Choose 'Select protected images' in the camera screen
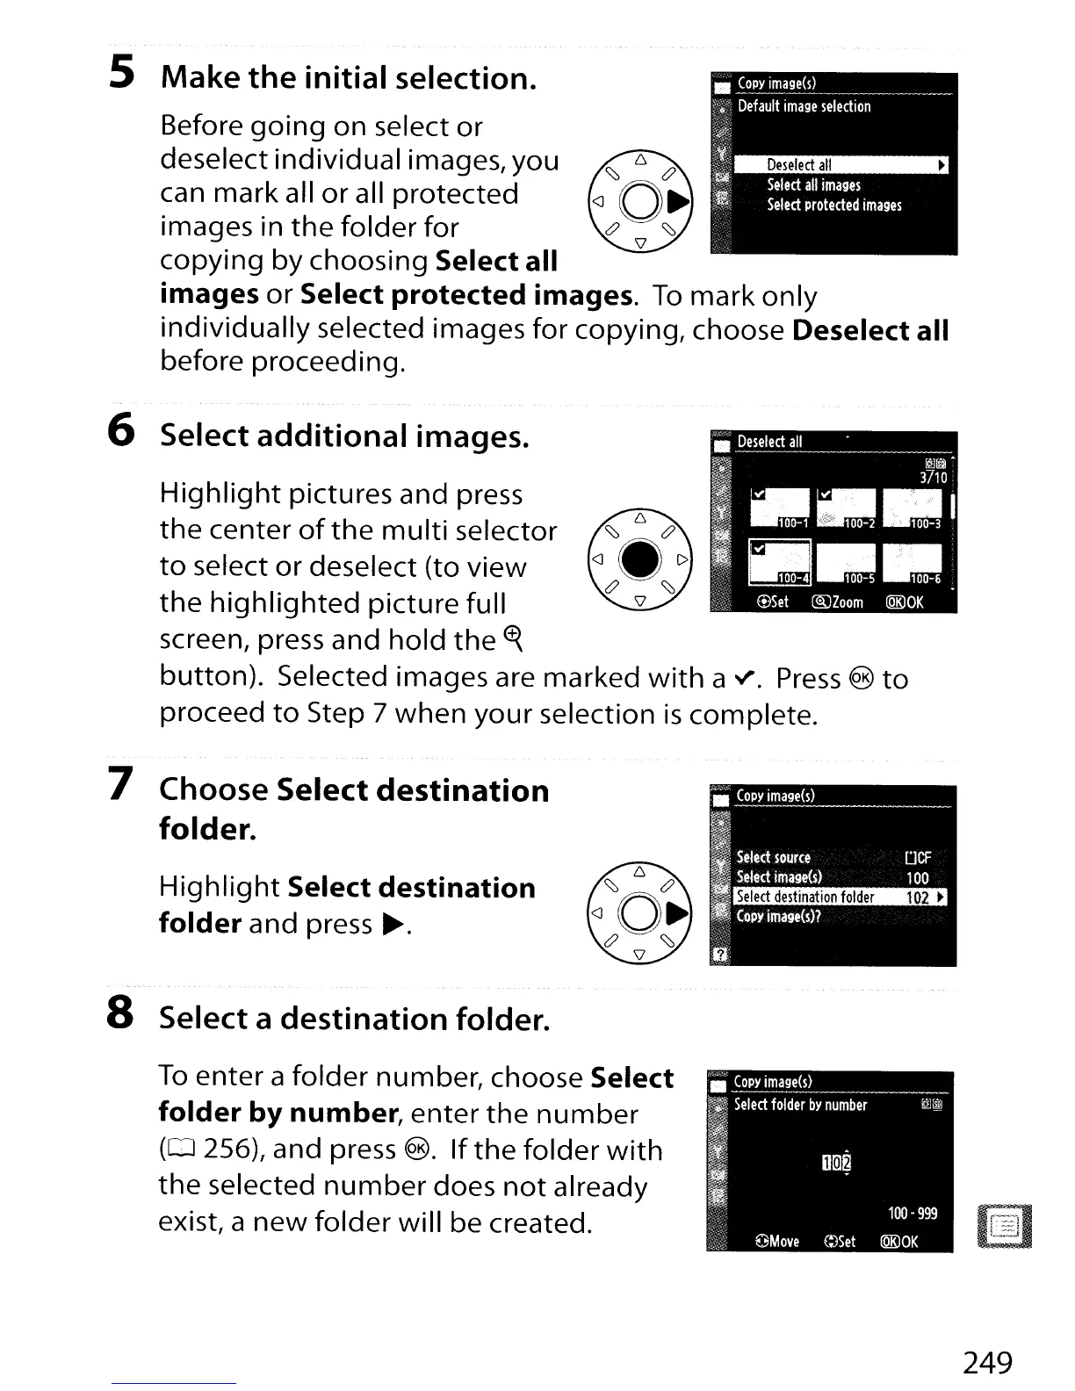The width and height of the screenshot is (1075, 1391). click(x=833, y=205)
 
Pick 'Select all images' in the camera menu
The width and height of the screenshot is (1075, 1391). click(x=813, y=185)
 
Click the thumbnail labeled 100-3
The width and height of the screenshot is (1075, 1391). click(x=913, y=509)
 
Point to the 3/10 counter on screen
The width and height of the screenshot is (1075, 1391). click(x=933, y=478)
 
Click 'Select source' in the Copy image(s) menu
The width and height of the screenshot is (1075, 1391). click(x=774, y=857)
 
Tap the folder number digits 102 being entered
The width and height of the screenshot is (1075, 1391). click(x=834, y=1164)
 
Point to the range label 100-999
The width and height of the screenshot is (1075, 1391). click(x=913, y=1214)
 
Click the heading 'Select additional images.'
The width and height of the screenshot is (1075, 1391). click(x=344, y=436)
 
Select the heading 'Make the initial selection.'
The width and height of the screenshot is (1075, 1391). click(x=349, y=78)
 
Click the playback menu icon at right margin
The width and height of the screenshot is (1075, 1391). click(x=1004, y=1225)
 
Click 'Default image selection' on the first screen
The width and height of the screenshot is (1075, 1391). click(x=804, y=106)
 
